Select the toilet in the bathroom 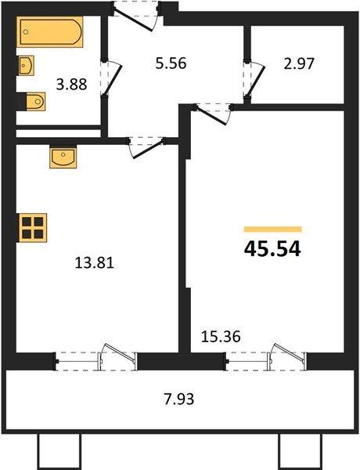pos(33,100)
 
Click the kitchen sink pos(63,157)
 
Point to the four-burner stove pos(32,226)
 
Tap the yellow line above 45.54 pos(272,229)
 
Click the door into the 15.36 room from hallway pos(211,111)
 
